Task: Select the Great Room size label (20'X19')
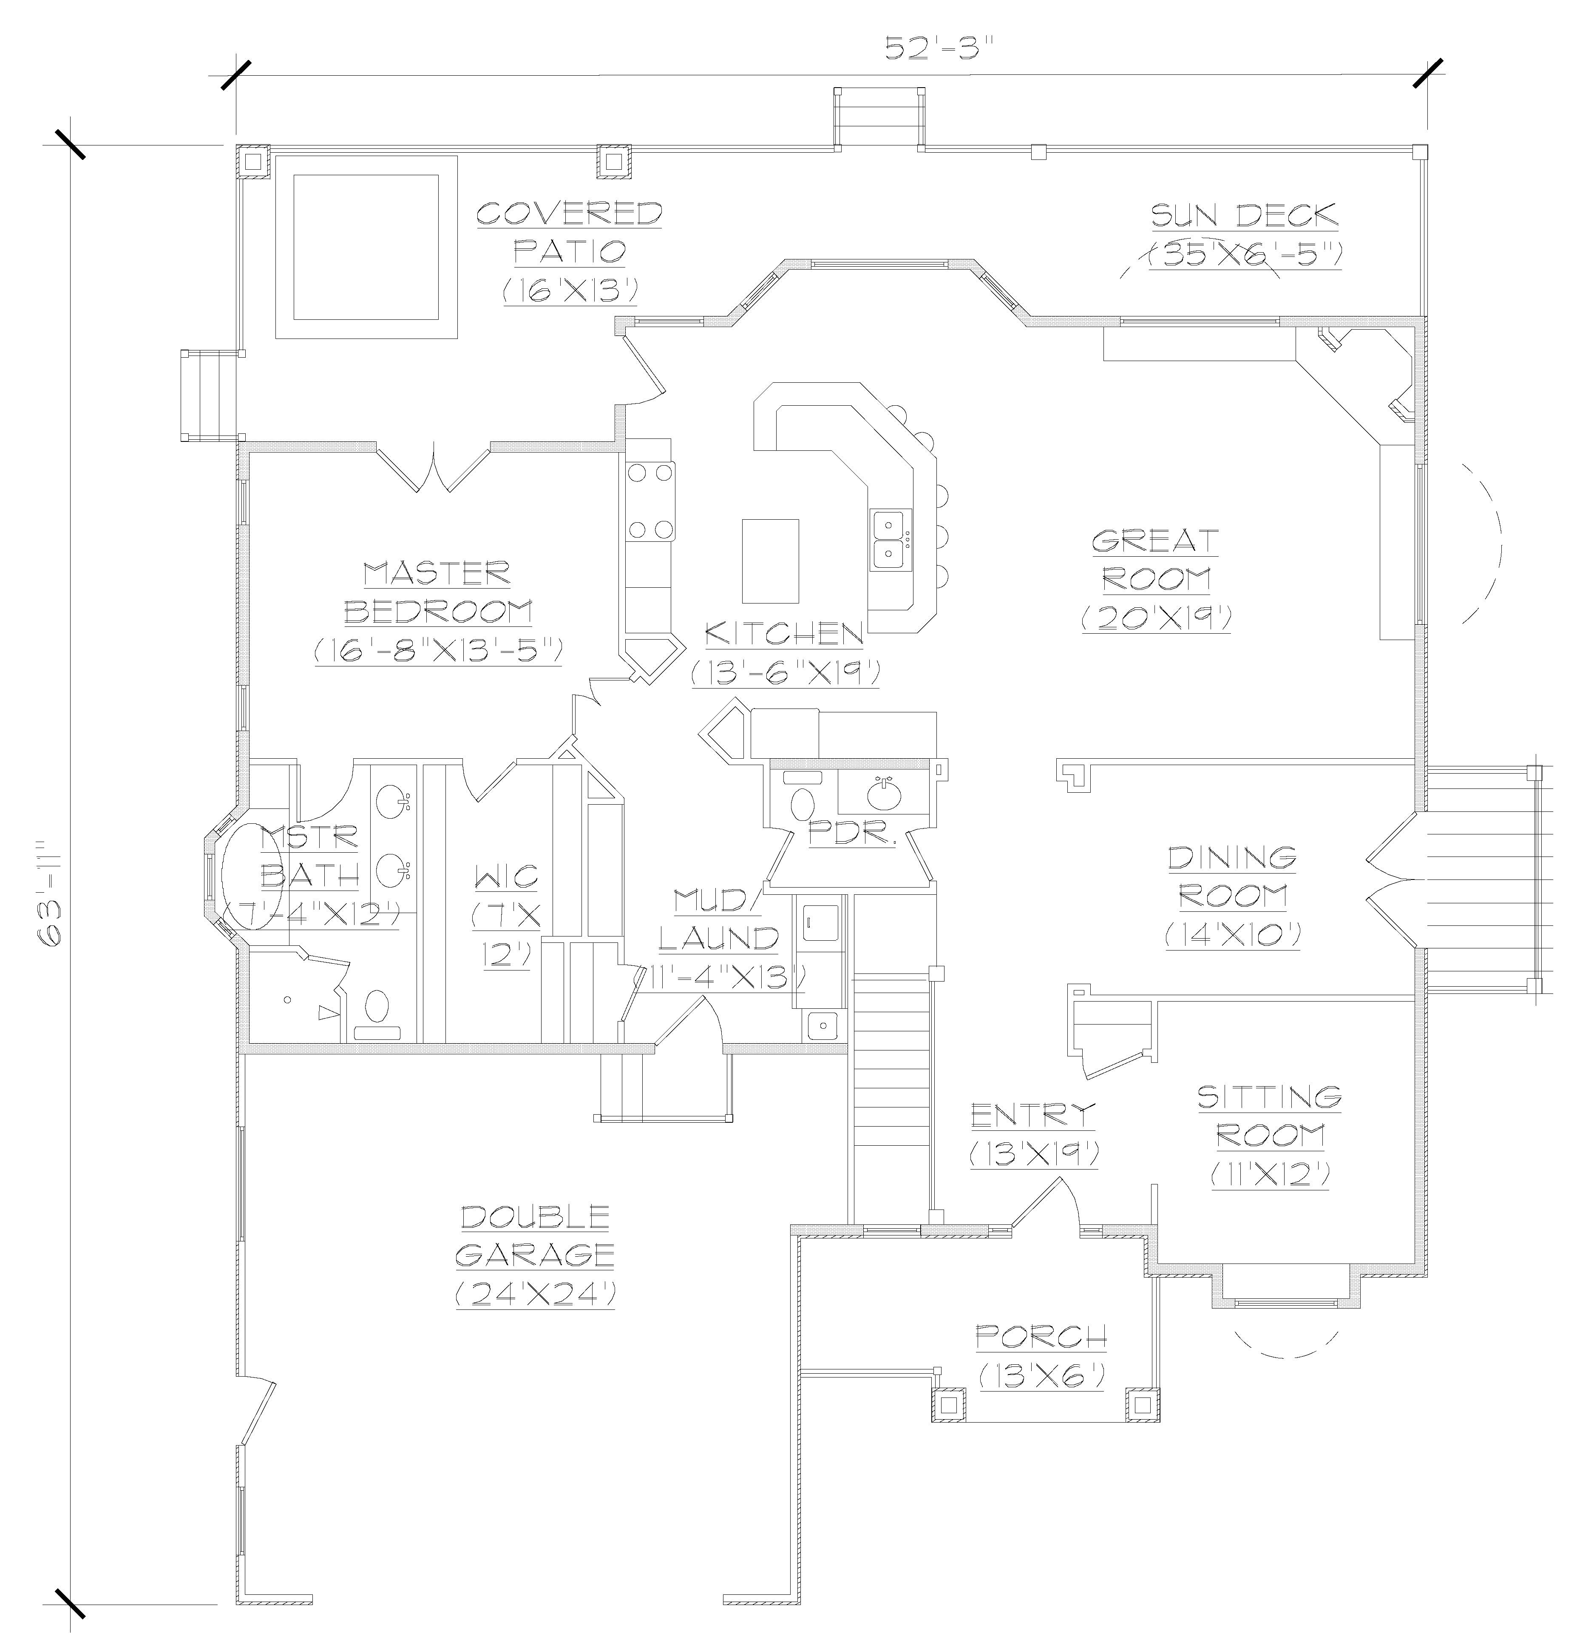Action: pyautogui.click(x=1156, y=618)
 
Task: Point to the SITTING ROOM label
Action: pyautogui.click(x=1269, y=1116)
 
